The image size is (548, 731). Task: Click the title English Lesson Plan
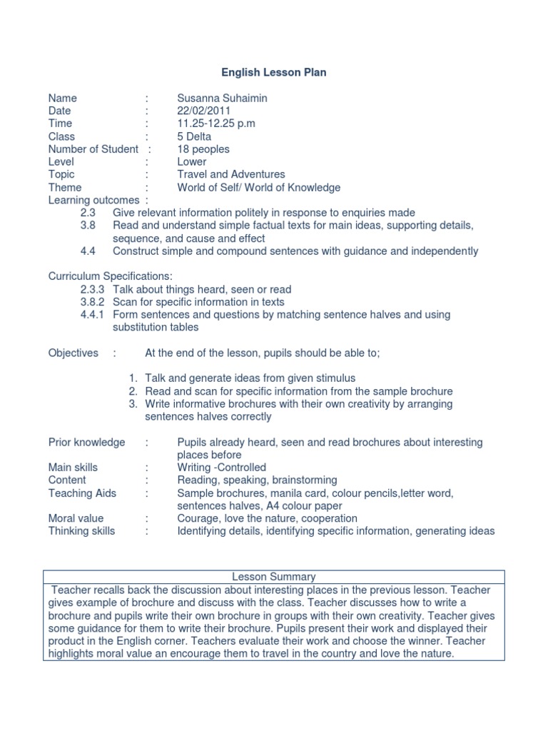(273, 73)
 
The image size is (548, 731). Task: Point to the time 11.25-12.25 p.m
(216, 123)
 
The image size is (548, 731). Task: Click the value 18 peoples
(203, 149)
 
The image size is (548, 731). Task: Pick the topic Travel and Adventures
(231, 174)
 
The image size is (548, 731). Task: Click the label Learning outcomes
(93, 200)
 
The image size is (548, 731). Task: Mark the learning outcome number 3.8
(88, 226)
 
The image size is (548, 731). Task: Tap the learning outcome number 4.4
(88, 251)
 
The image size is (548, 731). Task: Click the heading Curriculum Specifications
(110, 276)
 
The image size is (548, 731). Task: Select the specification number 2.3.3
(93, 289)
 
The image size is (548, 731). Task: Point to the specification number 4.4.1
(93, 315)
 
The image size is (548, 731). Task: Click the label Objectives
(73, 353)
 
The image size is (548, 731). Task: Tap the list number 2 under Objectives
(133, 391)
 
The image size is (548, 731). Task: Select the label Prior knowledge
(86, 443)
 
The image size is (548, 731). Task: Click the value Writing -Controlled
(221, 468)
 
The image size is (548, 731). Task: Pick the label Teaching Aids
(82, 493)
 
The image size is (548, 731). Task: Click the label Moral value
(76, 518)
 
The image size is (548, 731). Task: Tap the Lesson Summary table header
(274, 576)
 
